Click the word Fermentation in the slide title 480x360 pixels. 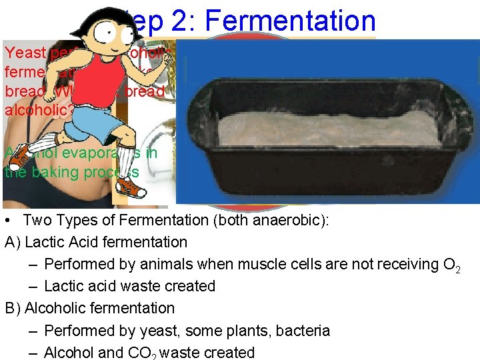[x=291, y=21]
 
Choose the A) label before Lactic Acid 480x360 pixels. [x=13, y=242]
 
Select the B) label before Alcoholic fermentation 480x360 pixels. [x=13, y=308]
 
